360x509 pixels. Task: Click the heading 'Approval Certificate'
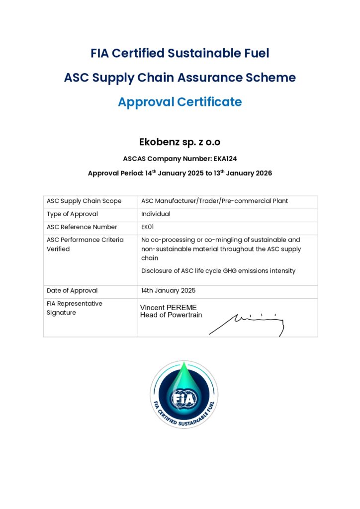(x=180, y=102)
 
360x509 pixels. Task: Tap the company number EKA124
(x=221, y=159)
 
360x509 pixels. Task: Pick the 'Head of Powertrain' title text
(x=171, y=315)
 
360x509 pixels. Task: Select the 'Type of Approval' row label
(x=72, y=214)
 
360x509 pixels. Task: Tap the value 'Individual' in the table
(x=156, y=214)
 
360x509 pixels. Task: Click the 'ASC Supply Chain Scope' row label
(x=84, y=201)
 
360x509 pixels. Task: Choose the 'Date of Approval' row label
(x=72, y=291)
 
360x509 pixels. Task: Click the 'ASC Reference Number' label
(x=82, y=227)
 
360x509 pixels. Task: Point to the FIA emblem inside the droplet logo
(x=184, y=398)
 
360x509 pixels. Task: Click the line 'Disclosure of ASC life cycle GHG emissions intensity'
(x=218, y=271)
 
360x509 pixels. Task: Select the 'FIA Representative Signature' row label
(x=74, y=308)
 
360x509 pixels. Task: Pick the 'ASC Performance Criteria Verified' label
(x=85, y=245)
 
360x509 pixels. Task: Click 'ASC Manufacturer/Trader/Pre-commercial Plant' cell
(x=214, y=201)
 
